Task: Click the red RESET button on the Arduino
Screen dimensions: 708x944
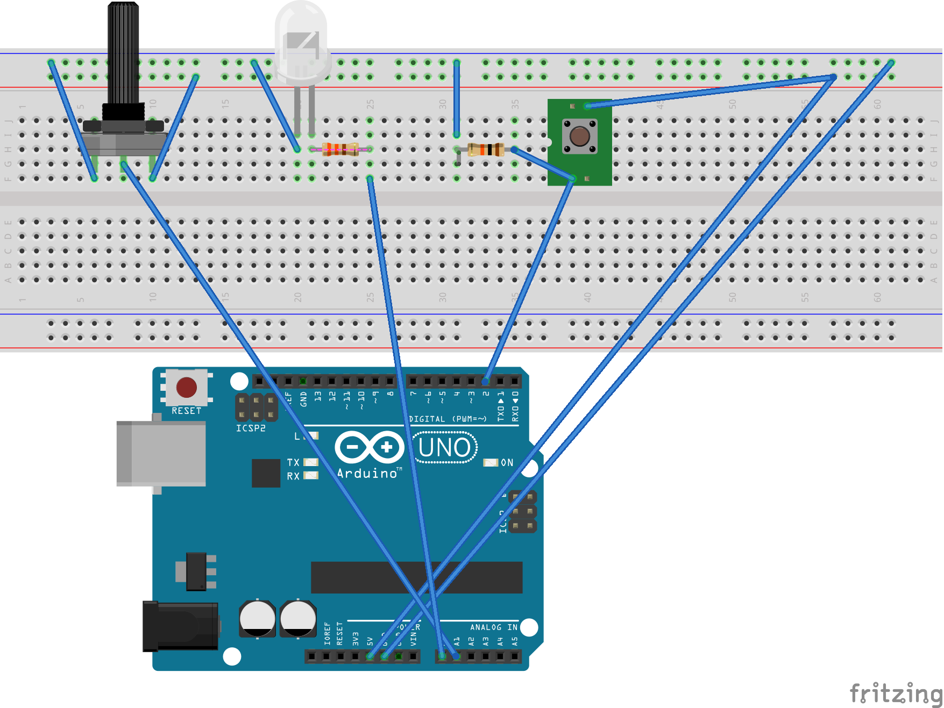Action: [x=186, y=387]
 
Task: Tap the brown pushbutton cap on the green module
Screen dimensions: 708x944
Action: [x=579, y=136]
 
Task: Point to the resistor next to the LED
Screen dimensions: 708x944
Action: [x=340, y=149]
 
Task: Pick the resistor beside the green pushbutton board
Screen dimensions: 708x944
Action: [x=485, y=149]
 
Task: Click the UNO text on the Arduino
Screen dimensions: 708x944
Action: [x=444, y=448]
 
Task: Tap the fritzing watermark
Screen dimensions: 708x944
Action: [x=895, y=693]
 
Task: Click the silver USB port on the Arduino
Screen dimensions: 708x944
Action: [x=161, y=453]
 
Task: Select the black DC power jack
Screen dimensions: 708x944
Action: [x=181, y=626]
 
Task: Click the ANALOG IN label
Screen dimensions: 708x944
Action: [x=493, y=627]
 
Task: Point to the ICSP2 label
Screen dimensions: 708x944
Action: [x=251, y=428]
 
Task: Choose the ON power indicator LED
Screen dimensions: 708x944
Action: [x=491, y=462]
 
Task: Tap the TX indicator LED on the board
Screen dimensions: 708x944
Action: [x=311, y=462]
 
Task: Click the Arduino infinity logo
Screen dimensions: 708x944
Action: [x=370, y=447]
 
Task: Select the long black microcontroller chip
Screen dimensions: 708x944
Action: [x=416, y=577]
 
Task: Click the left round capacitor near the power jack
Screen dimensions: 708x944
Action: [x=257, y=618]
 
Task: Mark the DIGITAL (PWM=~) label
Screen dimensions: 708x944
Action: [x=448, y=419]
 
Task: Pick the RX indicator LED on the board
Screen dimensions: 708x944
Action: [x=311, y=475]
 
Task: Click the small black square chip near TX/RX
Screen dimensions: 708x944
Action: [x=266, y=473]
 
